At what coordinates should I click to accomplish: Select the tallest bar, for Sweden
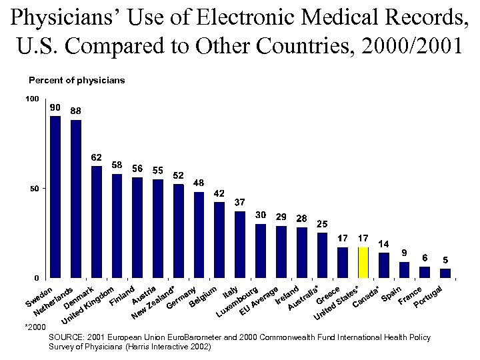pyautogui.click(x=55, y=197)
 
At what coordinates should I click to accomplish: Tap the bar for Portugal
pyautogui.click(x=445, y=273)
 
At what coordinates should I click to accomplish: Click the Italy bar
pyautogui.click(x=240, y=244)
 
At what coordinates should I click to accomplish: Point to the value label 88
pyautogui.click(x=76, y=111)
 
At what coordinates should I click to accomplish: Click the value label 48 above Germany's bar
pyautogui.click(x=199, y=183)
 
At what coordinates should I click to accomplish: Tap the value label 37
pyautogui.click(x=240, y=202)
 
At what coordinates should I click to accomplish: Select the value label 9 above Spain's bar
pyautogui.click(x=404, y=253)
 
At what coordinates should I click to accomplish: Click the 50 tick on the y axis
pyautogui.click(x=34, y=189)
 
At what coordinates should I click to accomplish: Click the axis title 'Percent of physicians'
pyautogui.click(x=77, y=80)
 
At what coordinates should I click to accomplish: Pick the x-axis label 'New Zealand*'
pyautogui.click(x=154, y=302)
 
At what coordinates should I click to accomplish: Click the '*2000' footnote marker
pyautogui.click(x=35, y=328)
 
